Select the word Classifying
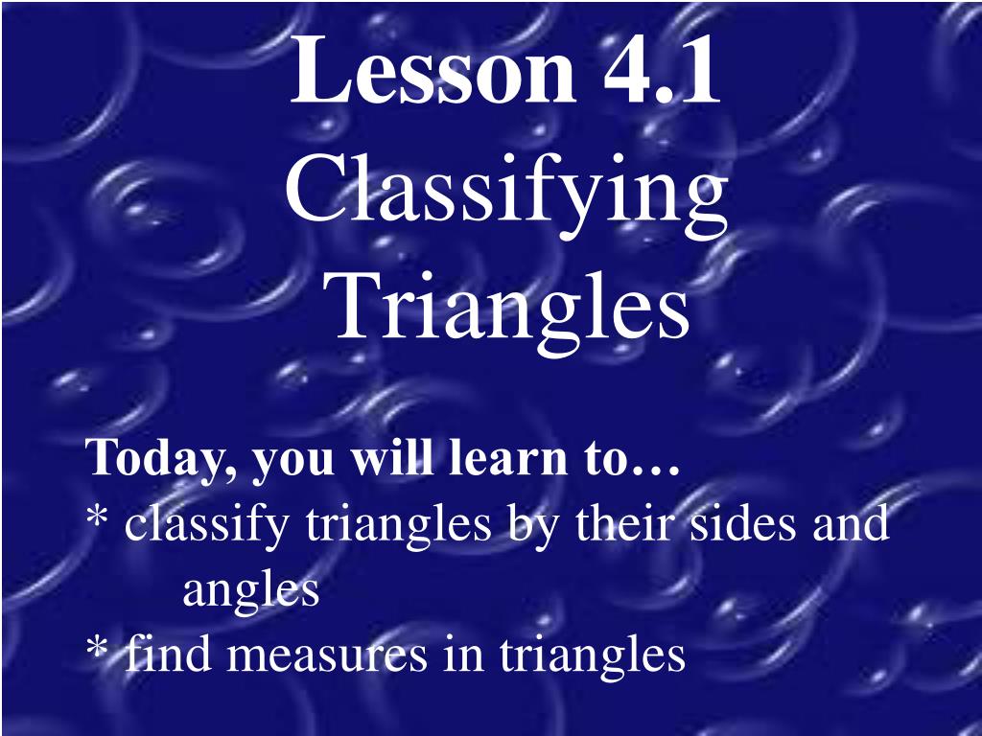coord(505,192)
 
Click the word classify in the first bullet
coord(210,526)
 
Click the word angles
coord(250,593)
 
